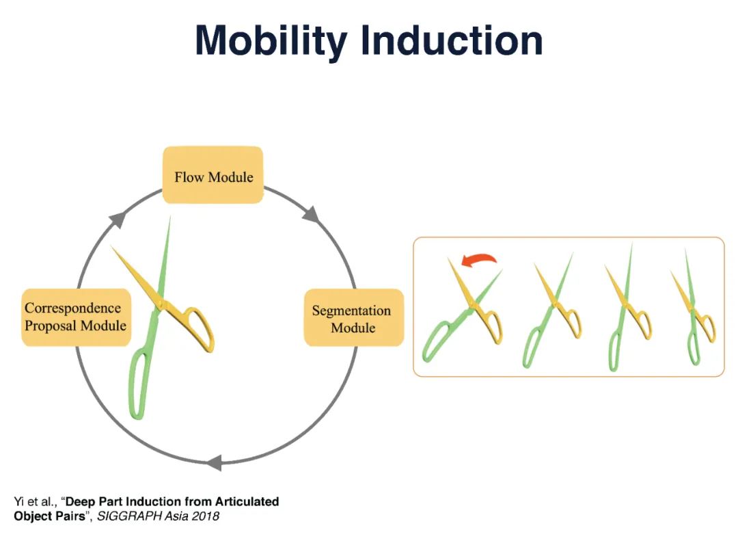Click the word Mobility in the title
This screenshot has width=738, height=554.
coord(273,42)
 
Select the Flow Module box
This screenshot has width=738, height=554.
coord(213,176)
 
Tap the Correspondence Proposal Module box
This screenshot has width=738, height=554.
coord(75,317)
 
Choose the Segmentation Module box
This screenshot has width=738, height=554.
coord(353,319)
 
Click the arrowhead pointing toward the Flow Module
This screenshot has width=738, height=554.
coord(118,220)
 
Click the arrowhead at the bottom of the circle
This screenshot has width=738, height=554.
coord(214,463)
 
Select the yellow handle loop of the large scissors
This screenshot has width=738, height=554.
coord(199,328)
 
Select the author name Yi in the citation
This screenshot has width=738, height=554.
coord(19,501)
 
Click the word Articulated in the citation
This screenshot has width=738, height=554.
coord(247,501)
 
